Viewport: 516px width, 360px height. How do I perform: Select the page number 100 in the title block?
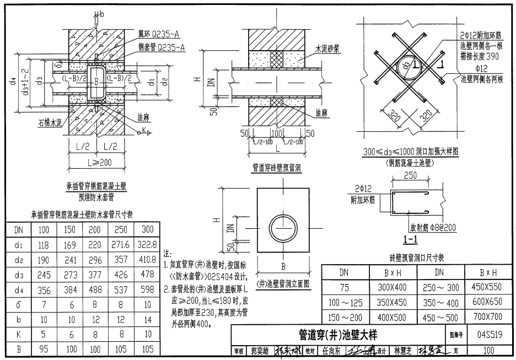(488, 350)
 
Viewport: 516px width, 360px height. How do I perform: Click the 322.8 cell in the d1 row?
(148, 244)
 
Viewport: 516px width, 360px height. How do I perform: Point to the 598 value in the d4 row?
(148, 289)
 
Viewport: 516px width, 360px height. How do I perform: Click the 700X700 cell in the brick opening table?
(487, 316)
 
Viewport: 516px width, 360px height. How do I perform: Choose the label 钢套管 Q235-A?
(160, 47)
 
